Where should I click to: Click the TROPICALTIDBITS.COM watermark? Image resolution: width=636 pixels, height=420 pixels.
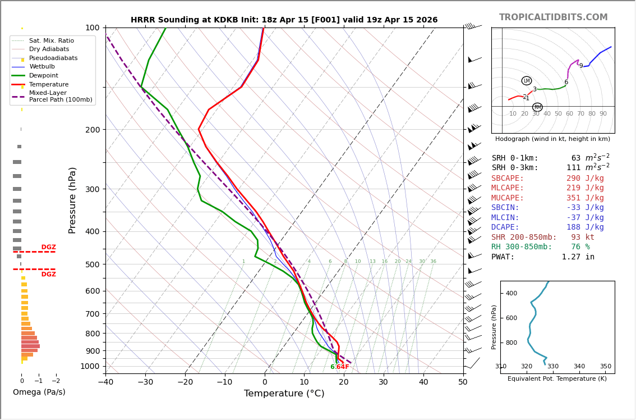(553, 17)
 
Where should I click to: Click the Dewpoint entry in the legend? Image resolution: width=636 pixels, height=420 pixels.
(43, 76)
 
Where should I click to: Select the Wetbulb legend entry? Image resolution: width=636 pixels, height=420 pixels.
(42, 67)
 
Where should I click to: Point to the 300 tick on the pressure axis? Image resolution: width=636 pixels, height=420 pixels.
(92, 189)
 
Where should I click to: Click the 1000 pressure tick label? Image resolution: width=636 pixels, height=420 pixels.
(90, 366)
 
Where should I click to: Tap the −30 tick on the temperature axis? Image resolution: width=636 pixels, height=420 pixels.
(145, 382)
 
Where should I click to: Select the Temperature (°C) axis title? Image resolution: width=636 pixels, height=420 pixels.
(284, 394)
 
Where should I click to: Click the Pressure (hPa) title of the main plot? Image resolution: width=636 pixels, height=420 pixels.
(72, 200)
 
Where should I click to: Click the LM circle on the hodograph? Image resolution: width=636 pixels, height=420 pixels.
(526, 81)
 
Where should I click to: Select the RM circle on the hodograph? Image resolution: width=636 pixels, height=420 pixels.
(537, 107)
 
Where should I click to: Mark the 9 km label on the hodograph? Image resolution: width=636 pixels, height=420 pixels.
(580, 66)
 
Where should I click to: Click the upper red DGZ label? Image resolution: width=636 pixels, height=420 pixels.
(48, 247)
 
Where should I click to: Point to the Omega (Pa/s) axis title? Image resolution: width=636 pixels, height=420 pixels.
(39, 392)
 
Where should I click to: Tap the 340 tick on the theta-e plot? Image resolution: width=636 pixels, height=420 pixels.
(579, 367)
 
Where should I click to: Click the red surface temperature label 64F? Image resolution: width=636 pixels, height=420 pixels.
(343, 367)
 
